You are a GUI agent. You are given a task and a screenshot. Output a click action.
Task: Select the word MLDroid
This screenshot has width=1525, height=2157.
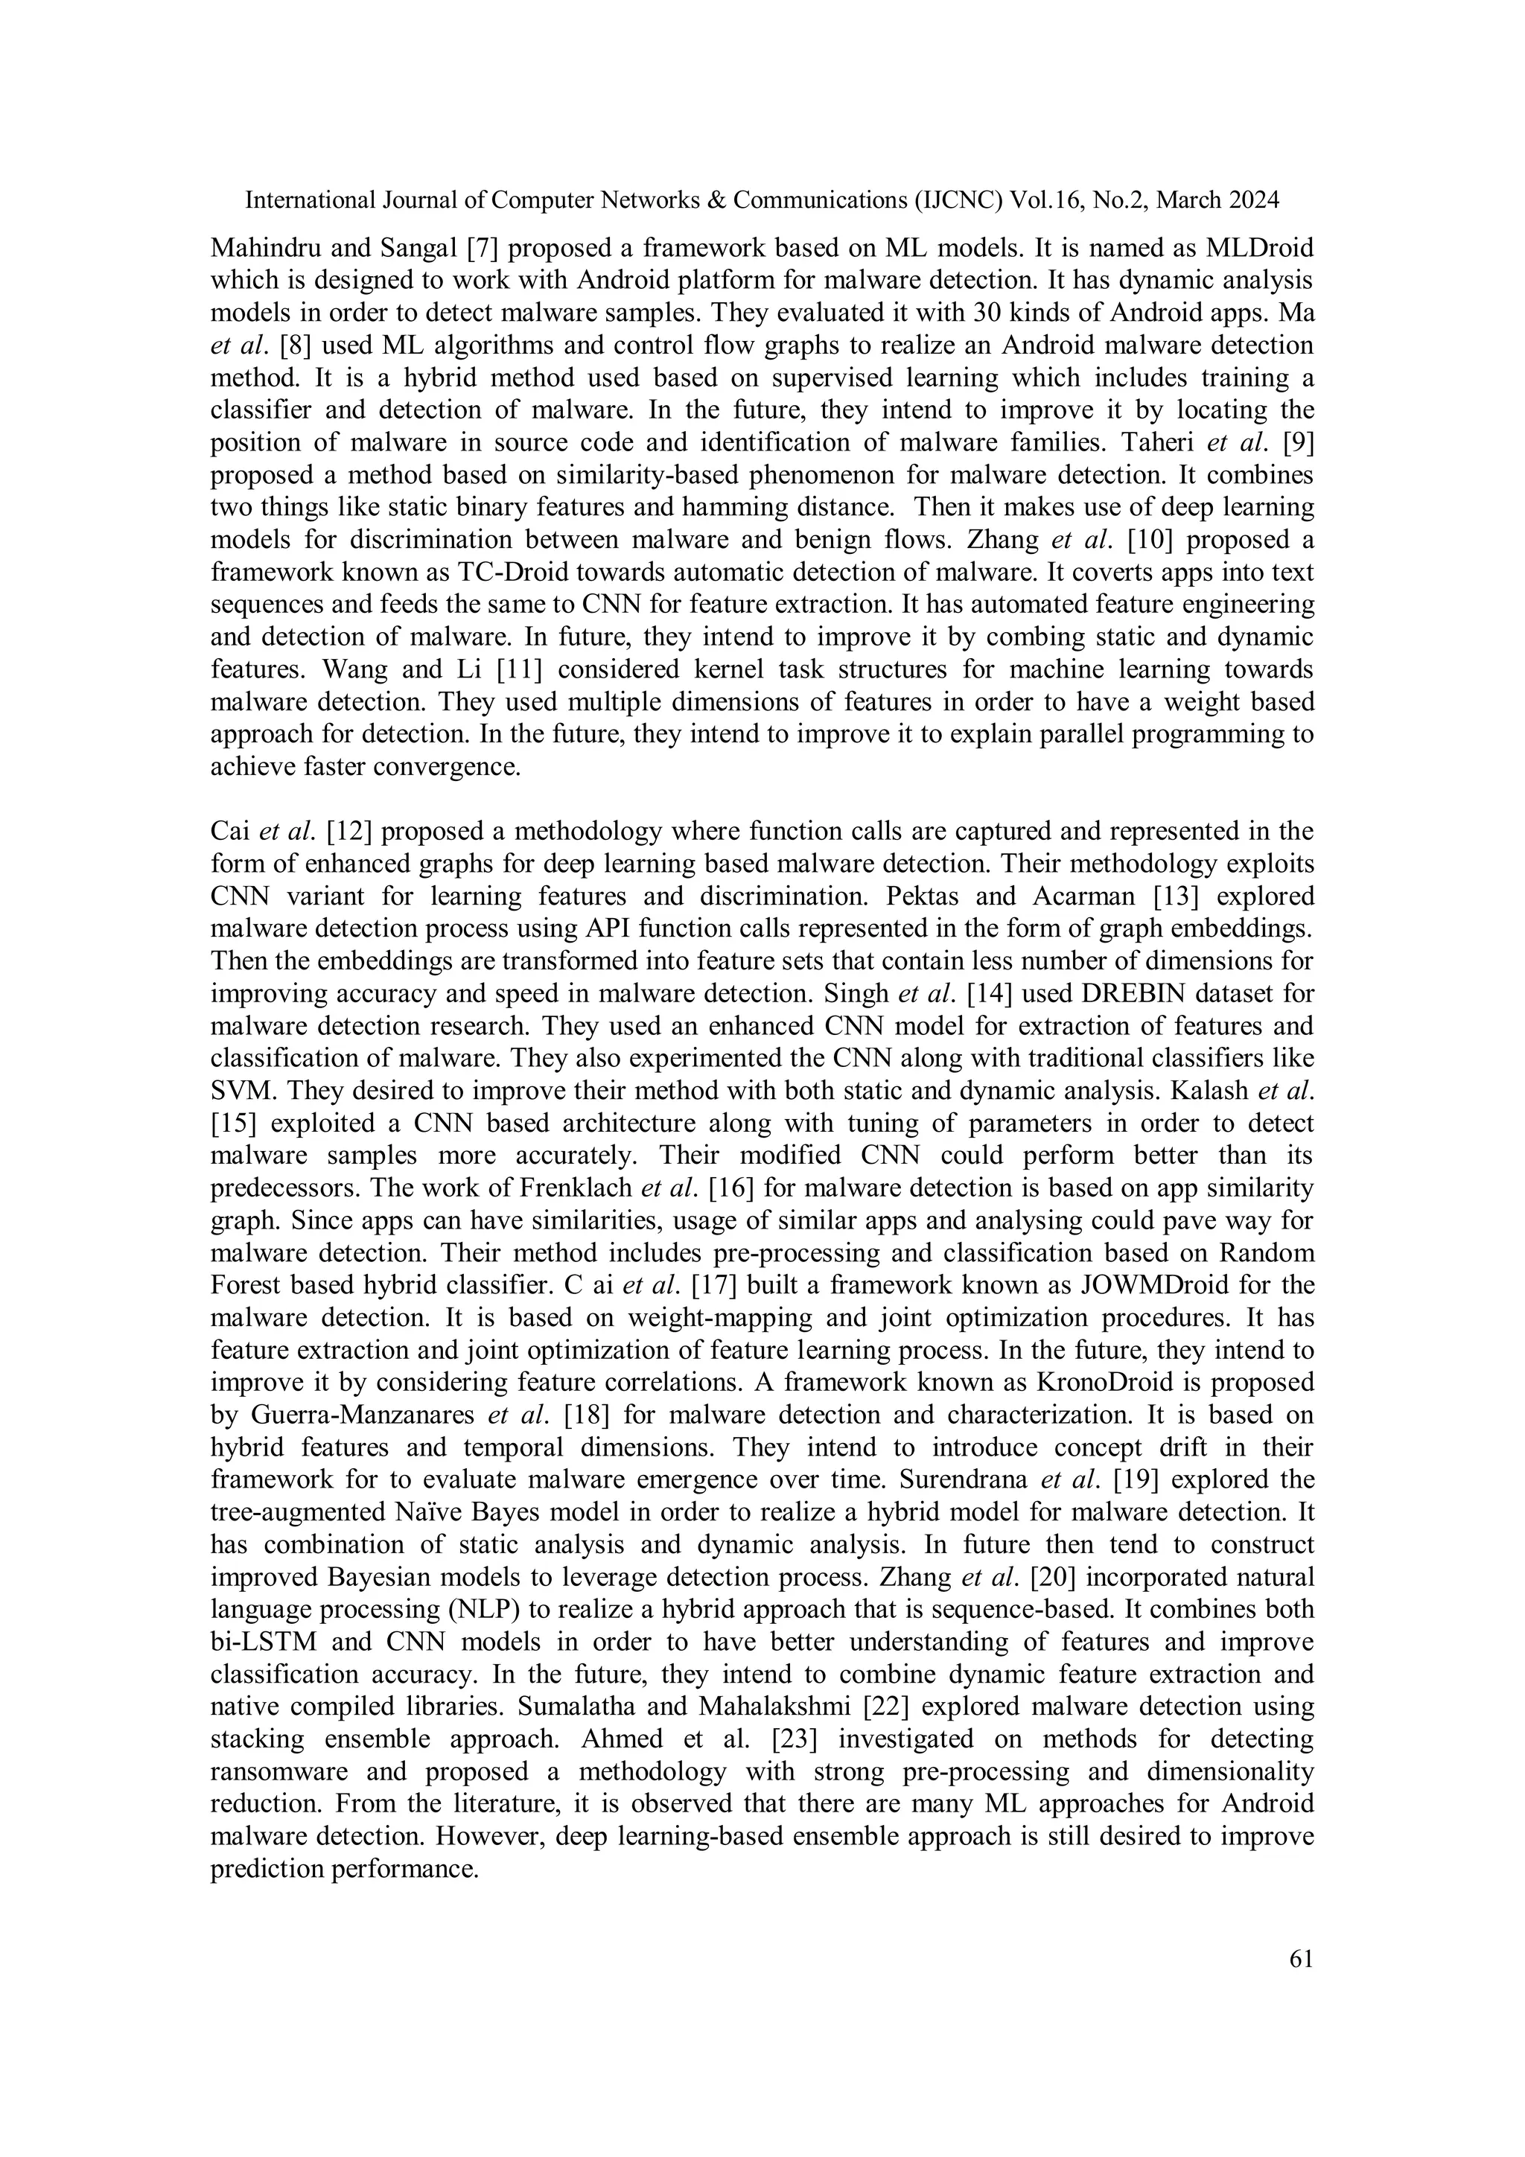1247,248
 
